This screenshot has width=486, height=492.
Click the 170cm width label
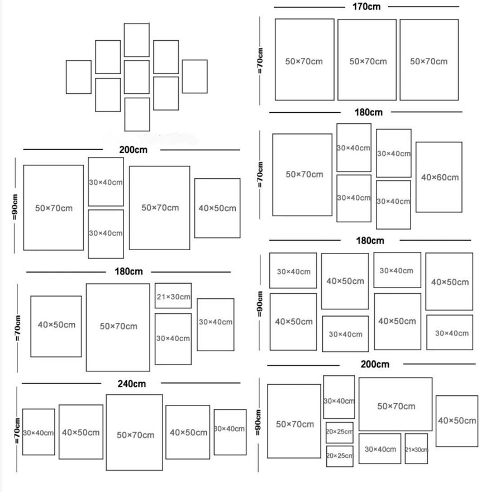click(x=366, y=7)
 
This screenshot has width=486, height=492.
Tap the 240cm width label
click(x=131, y=384)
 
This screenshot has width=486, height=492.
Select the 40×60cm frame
click(x=439, y=177)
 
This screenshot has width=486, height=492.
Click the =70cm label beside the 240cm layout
click(x=17, y=431)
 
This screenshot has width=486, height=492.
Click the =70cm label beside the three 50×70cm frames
click(x=260, y=61)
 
